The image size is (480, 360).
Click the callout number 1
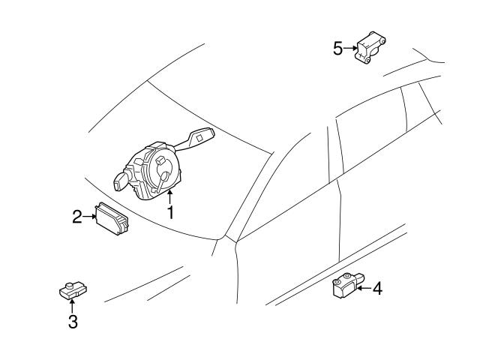[x=170, y=212]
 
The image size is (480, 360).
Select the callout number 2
[x=77, y=217]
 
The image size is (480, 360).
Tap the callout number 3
[x=73, y=322]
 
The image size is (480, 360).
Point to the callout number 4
[x=377, y=287]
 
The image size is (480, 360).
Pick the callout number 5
[x=337, y=48]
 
